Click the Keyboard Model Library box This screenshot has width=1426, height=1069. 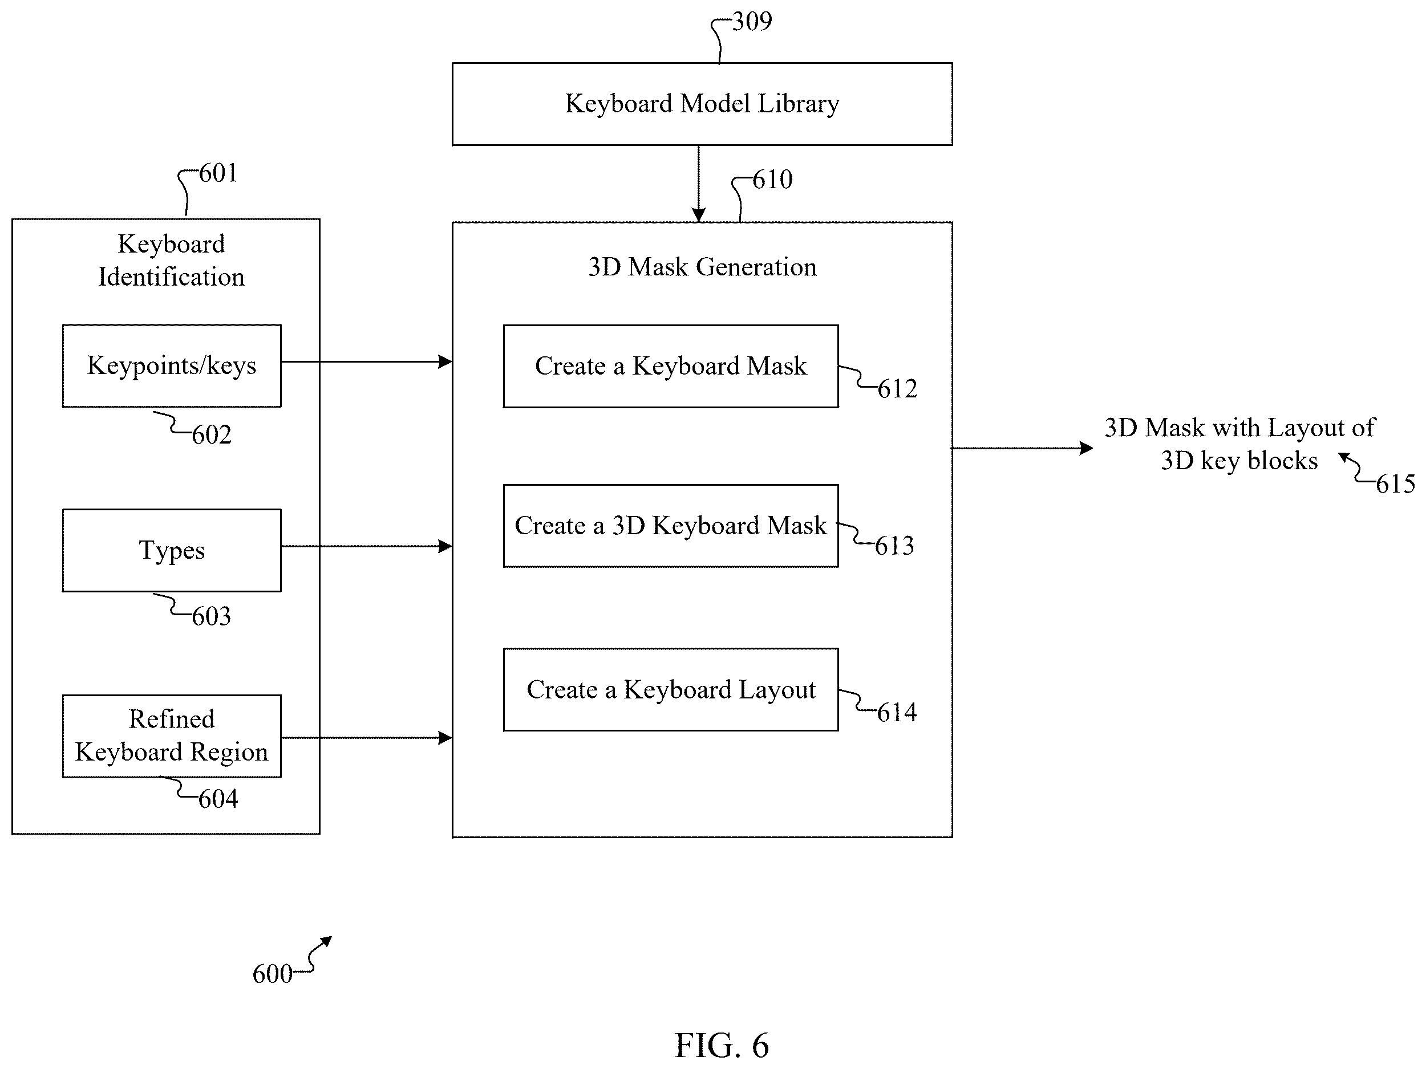(x=702, y=104)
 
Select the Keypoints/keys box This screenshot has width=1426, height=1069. (x=172, y=365)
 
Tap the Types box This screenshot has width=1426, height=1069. (x=172, y=550)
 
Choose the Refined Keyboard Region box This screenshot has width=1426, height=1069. (x=172, y=736)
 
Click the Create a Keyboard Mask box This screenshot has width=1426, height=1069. (x=670, y=366)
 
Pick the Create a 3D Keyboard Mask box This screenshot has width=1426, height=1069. (x=670, y=526)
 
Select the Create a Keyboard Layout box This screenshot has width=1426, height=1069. (x=670, y=689)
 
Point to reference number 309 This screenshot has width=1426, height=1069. (x=752, y=21)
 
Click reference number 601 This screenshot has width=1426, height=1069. (x=218, y=173)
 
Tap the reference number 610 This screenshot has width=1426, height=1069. (x=772, y=180)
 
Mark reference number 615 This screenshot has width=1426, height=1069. (x=1395, y=484)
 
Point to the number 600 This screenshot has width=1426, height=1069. (x=272, y=974)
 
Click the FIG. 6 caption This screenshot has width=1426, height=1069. (x=722, y=1044)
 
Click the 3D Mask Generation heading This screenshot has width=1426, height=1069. (x=702, y=267)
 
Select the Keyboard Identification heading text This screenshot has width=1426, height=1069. (x=172, y=261)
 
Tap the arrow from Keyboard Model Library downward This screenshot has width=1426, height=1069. (x=698, y=184)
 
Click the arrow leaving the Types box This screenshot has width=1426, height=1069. (x=367, y=546)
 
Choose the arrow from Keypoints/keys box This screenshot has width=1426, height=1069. (x=367, y=362)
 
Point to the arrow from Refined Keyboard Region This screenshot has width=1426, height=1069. (x=367, y=738)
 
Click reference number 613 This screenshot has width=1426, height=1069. (x=894, y=546)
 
